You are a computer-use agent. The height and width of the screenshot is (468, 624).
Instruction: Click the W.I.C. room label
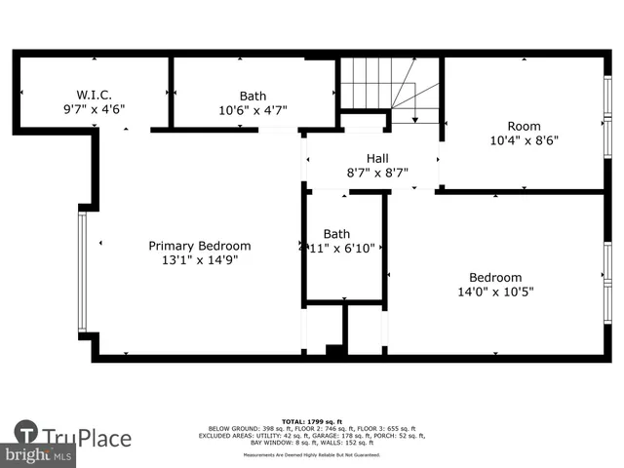click(95, 95)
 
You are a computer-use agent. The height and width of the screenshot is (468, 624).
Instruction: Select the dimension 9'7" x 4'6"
click(94, 110)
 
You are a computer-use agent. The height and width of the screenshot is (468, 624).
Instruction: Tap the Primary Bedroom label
click(199, 246)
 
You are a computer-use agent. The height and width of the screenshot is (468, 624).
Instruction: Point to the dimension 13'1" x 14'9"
click(199, 260)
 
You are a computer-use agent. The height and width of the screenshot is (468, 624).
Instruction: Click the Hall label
click(377, 158)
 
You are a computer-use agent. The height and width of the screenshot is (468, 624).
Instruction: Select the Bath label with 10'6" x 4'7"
click(253, 96)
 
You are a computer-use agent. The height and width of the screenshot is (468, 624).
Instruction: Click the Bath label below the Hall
click(336, 234)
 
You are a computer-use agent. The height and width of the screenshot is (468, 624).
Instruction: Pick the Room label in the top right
click(523, 126)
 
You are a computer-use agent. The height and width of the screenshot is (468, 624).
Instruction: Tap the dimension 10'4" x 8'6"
click(523, 140)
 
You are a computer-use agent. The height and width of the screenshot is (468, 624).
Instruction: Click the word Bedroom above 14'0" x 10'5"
click(495, 277)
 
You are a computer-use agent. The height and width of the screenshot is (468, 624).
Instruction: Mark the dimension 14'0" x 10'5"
click(495, 292)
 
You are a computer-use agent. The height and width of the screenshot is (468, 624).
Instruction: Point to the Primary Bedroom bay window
click(82, 270)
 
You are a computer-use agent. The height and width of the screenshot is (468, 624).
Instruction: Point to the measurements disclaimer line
click(312, 455)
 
